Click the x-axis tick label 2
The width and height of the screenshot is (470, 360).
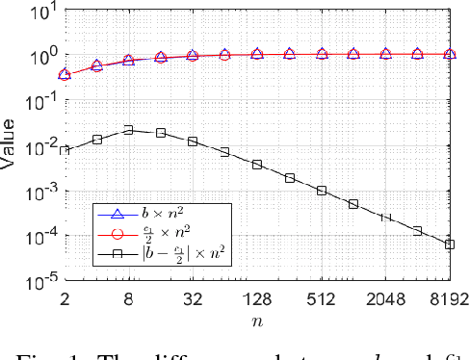65,299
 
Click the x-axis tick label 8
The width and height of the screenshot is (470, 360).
128,299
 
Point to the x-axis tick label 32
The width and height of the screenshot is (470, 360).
193,299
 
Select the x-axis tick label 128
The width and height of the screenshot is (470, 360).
257,299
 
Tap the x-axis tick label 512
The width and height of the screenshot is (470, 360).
322,299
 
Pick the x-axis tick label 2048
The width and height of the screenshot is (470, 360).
385,299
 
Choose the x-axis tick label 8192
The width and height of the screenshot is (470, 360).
449,299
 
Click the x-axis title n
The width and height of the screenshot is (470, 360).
257,321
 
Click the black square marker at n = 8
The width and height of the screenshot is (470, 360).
128,130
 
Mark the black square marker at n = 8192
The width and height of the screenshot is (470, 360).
450,244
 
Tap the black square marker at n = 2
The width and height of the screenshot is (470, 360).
65,151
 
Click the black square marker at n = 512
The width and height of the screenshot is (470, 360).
322,191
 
